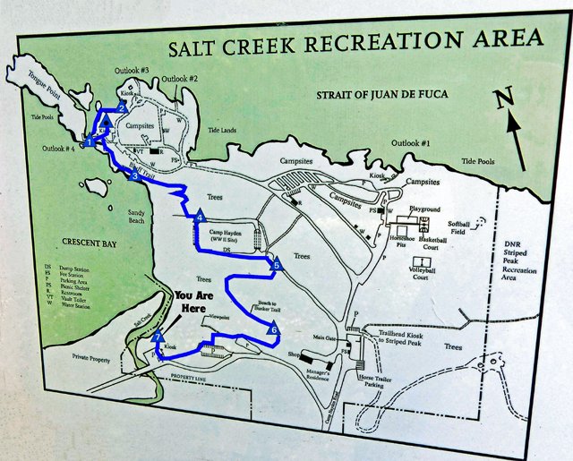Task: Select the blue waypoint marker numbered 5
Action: [x=276, y=265]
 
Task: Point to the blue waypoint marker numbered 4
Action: [x=200, y=218]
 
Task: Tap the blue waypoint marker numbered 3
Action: [x=134, y=176]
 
